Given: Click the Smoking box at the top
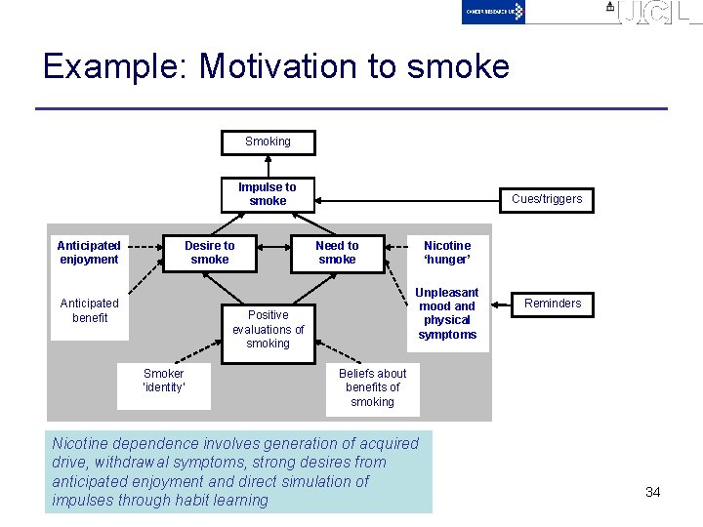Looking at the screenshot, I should [268, 142].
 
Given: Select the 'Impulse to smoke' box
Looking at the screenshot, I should [268, 193].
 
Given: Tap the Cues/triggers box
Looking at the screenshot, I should [546, 199].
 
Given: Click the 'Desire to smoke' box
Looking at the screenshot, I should [210, 253].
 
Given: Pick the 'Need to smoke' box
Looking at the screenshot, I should [337, 253].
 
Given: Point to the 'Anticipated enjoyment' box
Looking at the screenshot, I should [89, 253].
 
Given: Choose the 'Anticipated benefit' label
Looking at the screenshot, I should [89, 310].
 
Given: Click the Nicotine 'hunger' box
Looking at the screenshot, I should [447, 253].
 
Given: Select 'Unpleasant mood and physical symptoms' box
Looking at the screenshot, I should [447, 313].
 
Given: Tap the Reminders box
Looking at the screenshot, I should [553, 304].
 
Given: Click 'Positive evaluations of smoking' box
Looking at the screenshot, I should [268, 330].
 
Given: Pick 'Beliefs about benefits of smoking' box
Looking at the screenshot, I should [372, 387].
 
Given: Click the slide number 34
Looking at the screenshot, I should [653, 492].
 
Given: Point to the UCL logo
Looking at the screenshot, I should [655, 13].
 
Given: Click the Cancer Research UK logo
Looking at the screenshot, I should [494, 12].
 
